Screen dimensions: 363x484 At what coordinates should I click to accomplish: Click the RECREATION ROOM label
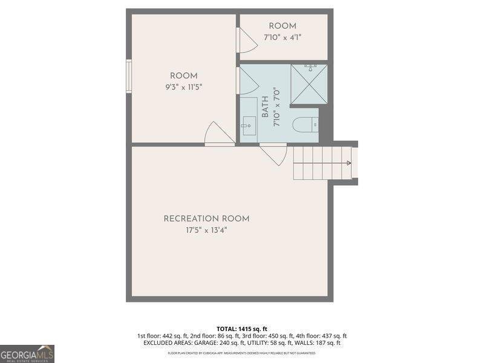click(x=206, y=219)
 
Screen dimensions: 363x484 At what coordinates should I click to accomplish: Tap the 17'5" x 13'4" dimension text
click(x=206, y=231)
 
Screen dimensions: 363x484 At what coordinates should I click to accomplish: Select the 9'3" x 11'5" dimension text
click(x=183, y=87)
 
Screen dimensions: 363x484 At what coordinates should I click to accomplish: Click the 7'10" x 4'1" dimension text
click(x=283, y=38)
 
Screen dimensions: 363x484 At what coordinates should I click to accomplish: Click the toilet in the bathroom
click(x=306, y=125)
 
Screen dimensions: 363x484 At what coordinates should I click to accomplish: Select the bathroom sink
click(x=248, y=128)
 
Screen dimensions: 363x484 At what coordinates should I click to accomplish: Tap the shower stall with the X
click(x=309, y=83)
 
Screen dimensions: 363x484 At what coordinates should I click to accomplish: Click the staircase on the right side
click(x=322, y=163)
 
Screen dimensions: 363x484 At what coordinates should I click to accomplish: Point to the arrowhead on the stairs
click(x=348, y=163)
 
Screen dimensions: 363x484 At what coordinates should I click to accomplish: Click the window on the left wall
click(x=128, y=76)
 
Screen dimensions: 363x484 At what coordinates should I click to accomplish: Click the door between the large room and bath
click(x=248, y=81)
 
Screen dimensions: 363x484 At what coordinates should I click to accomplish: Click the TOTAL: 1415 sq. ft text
click(x=241, y=329)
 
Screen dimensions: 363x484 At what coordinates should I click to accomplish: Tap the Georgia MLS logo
click(x=27, y=353)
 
